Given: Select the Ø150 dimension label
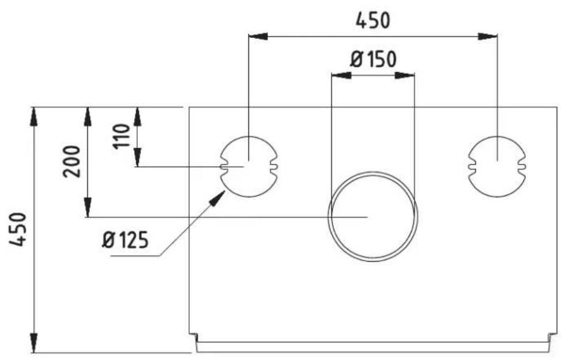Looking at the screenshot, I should tap(373, 60).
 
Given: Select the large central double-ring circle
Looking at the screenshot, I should tap(373, 217).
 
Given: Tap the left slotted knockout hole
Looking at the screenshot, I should tap(249, 167).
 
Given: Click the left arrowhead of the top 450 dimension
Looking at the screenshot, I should tap(258, 37).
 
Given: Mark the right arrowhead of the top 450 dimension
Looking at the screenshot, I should tap(487, 37).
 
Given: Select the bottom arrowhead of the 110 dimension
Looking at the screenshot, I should tap(137, 158).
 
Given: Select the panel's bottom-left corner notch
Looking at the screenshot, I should tap(193, 336).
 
